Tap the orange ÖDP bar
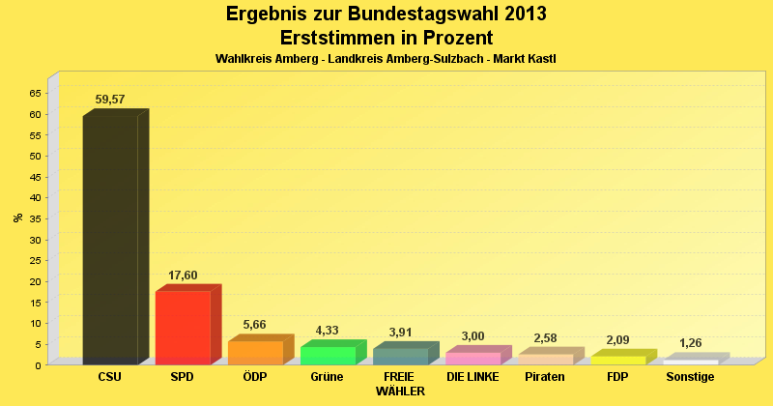coord(255,352)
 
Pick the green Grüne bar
coord(328,355)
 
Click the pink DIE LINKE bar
coord(472,358)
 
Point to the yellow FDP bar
coord(617,360)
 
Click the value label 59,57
coord(110,100)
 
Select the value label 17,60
coord(183,275)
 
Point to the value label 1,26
coord(690,343)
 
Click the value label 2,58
coord(545,337)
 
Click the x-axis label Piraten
coord(545,377)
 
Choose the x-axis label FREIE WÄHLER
coord(400,384)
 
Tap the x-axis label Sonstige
coord(690,377)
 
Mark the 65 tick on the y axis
coord(35,93)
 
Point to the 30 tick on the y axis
coord(35,239)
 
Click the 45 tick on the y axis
coord(35,176)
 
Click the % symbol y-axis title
coord(17,217)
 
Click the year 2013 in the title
coord(518,14)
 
